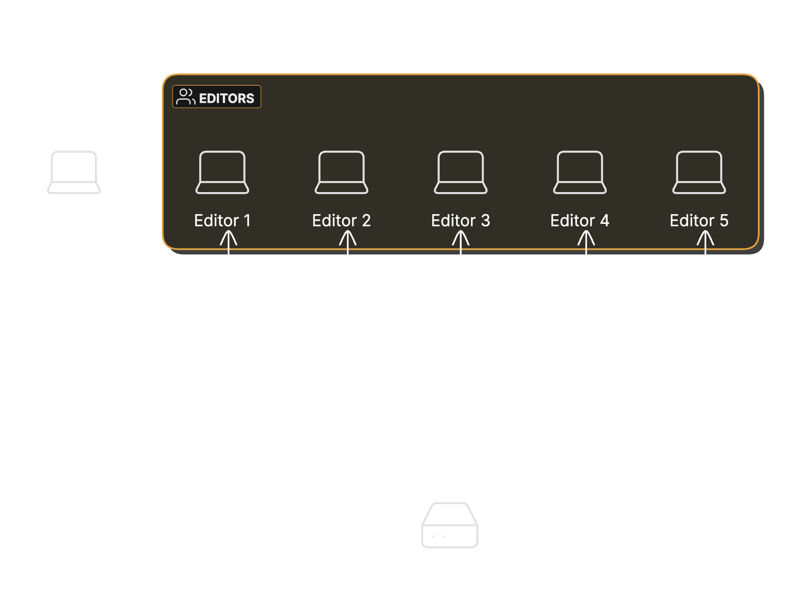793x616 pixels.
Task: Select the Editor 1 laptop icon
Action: (222, 172)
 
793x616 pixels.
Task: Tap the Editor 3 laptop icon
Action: (461, 172)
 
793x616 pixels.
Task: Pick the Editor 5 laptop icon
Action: (699, 172)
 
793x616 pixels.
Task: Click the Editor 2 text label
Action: (341, 220)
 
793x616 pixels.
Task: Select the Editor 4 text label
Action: (580, 220)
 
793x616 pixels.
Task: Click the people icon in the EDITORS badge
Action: (185, 97)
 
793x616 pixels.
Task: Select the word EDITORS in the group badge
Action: (227, 98)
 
